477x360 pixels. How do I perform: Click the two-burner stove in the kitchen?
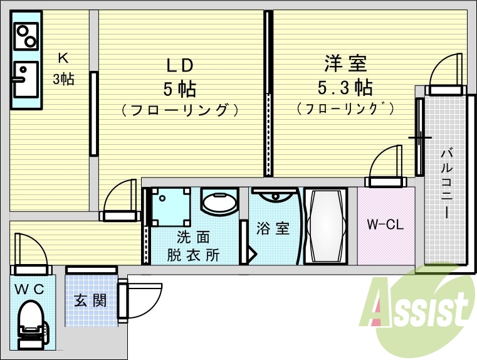[26, 38]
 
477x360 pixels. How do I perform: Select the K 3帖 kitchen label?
[63, 68]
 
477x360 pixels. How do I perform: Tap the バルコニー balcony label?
[446, 183]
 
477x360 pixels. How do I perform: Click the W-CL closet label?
[385, 225]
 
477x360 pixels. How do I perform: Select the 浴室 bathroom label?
[273, 228]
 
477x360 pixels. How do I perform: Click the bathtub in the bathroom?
[325, 225]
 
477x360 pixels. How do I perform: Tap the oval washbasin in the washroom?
[219, 203]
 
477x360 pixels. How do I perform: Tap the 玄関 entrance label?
[90, 300]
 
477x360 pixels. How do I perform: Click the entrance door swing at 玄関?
[142, 300]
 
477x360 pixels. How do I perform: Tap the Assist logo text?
[421, 307]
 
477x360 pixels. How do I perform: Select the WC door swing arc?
[31, 251]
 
